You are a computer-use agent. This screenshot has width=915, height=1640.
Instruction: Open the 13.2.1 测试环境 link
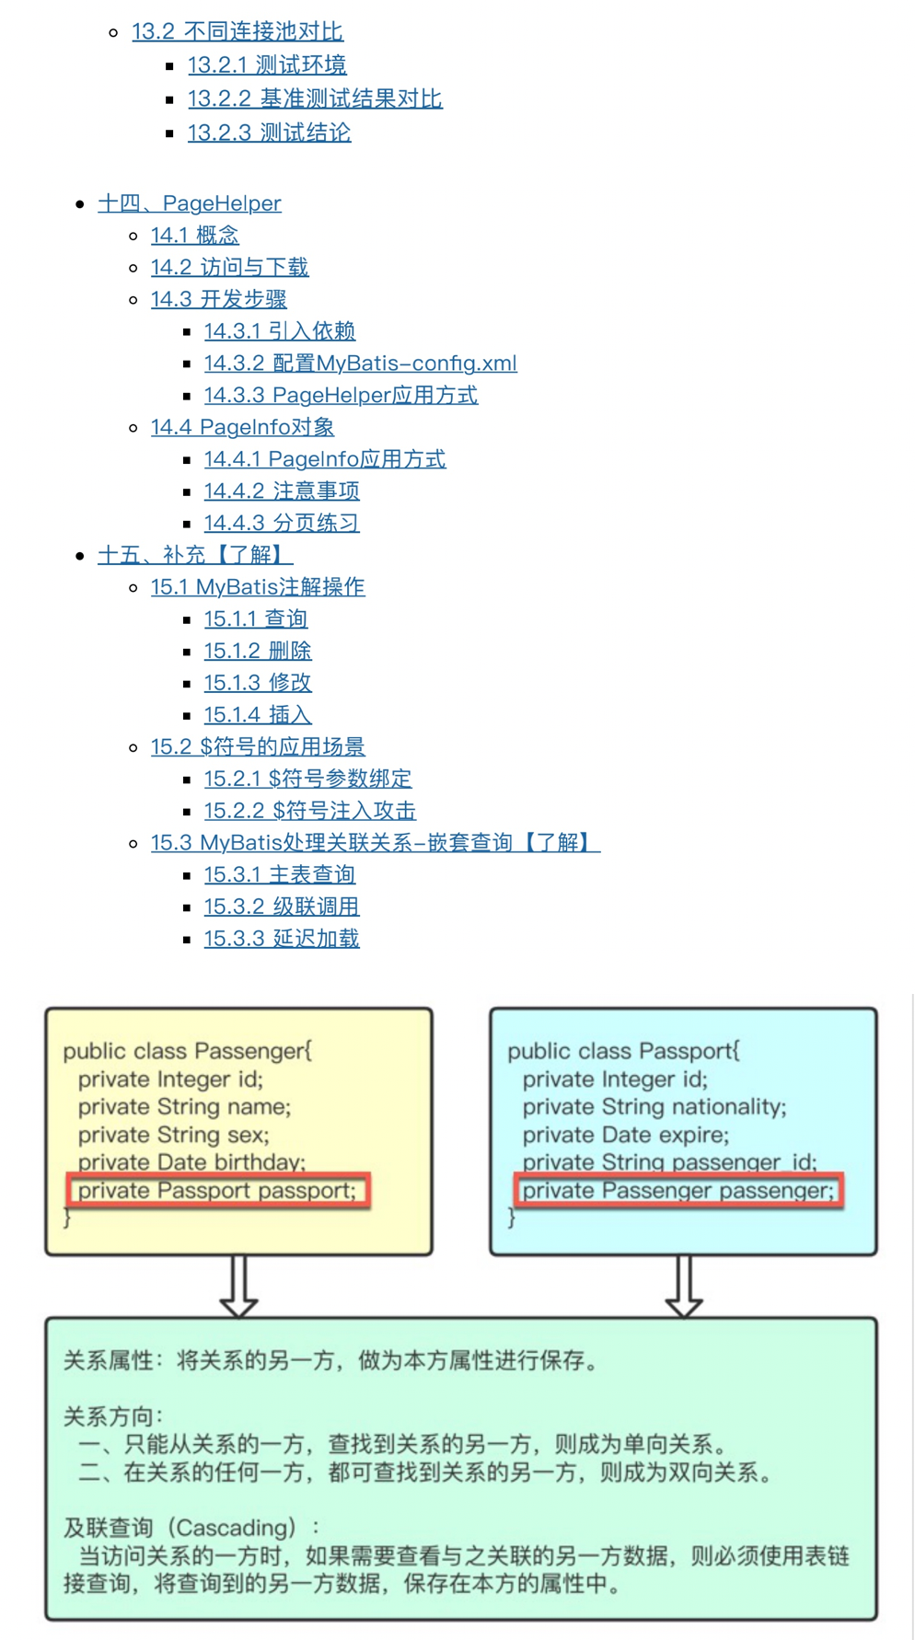(267, 65)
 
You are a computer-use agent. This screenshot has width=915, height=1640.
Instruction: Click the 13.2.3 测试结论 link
(269, 133)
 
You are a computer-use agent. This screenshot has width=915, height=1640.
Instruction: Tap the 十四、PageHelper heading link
(189, 203)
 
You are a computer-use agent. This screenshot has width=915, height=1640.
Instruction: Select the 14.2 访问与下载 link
(229, 267)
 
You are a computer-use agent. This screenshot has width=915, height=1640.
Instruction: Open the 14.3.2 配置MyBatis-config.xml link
(360, 364)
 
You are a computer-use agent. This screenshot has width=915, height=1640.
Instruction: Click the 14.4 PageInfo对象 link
(242, 427)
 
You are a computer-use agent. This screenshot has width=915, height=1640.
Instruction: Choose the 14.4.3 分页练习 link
(281, 523)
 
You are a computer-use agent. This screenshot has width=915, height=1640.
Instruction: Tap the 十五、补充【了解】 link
(195, 555)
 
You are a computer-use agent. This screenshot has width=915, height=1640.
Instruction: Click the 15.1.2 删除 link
(257, 651)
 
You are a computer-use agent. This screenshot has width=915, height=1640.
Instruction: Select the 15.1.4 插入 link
(257, 714)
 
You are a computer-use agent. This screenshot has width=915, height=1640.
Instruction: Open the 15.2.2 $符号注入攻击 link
(309, 811)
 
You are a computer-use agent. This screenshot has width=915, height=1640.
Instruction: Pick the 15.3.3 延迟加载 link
(281, 939)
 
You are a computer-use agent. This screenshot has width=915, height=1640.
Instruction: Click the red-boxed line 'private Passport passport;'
(217, 1190)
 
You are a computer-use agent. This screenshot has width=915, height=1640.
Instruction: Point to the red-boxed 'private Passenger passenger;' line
(678, 1190)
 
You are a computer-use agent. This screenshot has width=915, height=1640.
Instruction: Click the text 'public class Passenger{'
(187, 1051)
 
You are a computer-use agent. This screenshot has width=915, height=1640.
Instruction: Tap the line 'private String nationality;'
(654, 1106)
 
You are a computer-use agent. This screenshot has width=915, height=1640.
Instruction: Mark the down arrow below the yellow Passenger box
(238, 1286)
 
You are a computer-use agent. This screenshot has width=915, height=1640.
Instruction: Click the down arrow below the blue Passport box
(683, 1286)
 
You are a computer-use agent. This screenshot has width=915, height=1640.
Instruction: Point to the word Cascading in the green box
(231, 1528)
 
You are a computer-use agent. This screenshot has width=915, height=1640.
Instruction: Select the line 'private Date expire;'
(625, 1135)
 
